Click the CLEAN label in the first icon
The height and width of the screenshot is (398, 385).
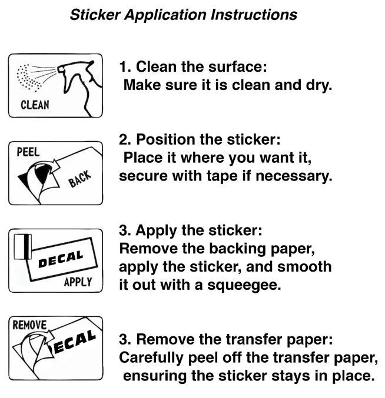point(35,106)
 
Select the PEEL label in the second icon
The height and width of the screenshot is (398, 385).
point(28,152)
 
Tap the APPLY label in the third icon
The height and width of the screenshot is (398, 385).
point(78,282)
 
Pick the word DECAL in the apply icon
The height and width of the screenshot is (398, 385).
point(61,259)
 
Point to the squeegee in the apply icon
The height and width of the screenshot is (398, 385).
point(22,248)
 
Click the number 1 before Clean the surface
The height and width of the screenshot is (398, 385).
point(124,66)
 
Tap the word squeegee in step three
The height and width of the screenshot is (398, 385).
point(260,286)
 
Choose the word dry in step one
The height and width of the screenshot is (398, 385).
point(318,85)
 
